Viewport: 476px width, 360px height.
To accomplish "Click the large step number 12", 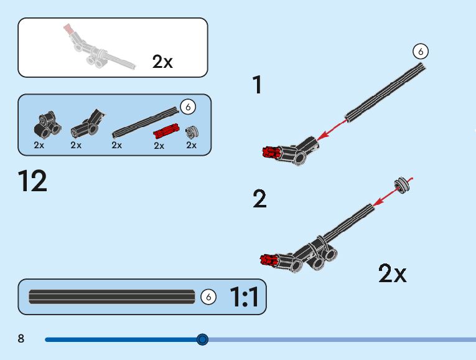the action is tap(33, 181).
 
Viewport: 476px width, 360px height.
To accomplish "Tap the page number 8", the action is tap(21, 339).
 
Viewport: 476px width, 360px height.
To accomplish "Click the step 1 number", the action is tap(257, 85).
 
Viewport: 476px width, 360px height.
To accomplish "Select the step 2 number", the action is tap(259, 199).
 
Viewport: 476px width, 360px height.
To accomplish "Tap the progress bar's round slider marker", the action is tap(202, 339).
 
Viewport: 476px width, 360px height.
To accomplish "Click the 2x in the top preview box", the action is tap(162, 61).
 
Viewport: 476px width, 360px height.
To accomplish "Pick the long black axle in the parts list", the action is tap(145, 121).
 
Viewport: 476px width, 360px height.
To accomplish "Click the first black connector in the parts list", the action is tap(46, 123).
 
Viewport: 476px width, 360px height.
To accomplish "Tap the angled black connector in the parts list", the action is tap(86, 123).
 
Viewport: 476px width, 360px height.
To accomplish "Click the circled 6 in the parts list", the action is tap(187, 107).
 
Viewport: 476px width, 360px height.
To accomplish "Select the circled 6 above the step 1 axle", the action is tap(421, 52).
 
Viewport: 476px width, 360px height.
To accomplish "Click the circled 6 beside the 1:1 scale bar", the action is tap(208, 298).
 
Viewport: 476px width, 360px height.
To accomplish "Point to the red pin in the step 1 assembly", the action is tap(271, 151).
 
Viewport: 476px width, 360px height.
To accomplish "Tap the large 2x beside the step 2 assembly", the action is tap(392, 273).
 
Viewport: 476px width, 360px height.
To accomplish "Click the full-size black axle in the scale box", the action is tap(112, 297).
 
